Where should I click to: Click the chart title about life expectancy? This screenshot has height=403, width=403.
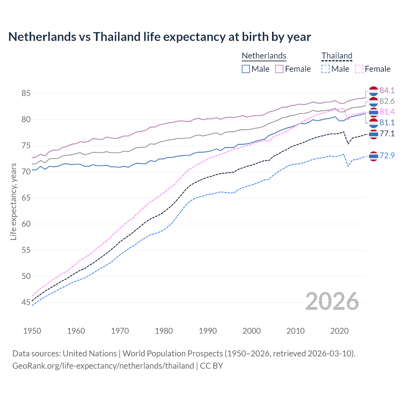coord(159,37)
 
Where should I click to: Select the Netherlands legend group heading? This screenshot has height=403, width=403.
coord(264,56)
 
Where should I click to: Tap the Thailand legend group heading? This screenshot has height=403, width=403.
coord(337,56)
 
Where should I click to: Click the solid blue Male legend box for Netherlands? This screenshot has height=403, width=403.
coord(246,69)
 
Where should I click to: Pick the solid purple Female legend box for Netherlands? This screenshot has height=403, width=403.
coord(279,69)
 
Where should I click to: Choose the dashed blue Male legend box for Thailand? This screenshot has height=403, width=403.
coord(326,69)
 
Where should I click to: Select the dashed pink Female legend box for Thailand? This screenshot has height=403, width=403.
coord(359,69)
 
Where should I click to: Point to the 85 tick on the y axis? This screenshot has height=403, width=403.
coord(26,94)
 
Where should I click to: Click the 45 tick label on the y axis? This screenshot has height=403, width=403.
coord(26,303)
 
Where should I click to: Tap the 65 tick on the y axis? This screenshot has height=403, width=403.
coord(26,198)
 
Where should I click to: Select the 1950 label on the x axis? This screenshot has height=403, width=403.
coord(32,331)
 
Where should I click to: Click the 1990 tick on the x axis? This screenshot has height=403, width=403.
coord(208,331)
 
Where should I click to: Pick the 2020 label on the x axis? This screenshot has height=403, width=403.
coord(339,331)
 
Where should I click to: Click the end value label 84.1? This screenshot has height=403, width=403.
coord(387,91)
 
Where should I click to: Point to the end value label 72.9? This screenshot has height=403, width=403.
coord(387,156)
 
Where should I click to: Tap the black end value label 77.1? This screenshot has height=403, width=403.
coord(387,134)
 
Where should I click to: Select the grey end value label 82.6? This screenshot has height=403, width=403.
coord(387,101)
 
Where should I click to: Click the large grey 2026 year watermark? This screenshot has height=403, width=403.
coord(332,302)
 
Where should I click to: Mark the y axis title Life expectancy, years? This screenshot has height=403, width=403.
coord(13,201)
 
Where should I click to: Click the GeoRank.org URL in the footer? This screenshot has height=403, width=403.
coord(103,366)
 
